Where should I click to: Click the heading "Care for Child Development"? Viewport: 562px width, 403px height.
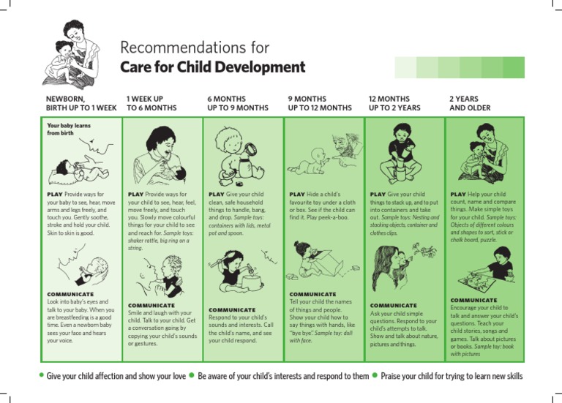pyautogui.click(x=212, y=67)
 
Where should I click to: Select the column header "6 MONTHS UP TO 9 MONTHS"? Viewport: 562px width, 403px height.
pyautogui.click(x=237, y=103)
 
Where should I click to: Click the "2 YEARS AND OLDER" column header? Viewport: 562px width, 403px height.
pyautogui.click(x=470, y=103)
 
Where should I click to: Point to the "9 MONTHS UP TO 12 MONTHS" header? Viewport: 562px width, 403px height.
pyautogui.click(x=320, y=103)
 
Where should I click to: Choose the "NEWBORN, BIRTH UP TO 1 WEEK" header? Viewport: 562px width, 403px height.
pyautogui.click(x=80, y=103)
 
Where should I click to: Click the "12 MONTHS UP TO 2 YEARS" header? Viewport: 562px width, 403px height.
pyautogui.click(x=394, y=103)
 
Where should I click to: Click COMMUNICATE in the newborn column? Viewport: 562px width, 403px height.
pyautogui.click(x=70, y=295)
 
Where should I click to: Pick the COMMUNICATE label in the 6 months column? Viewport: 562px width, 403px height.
pyautogui.click(x=232, y=310)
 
